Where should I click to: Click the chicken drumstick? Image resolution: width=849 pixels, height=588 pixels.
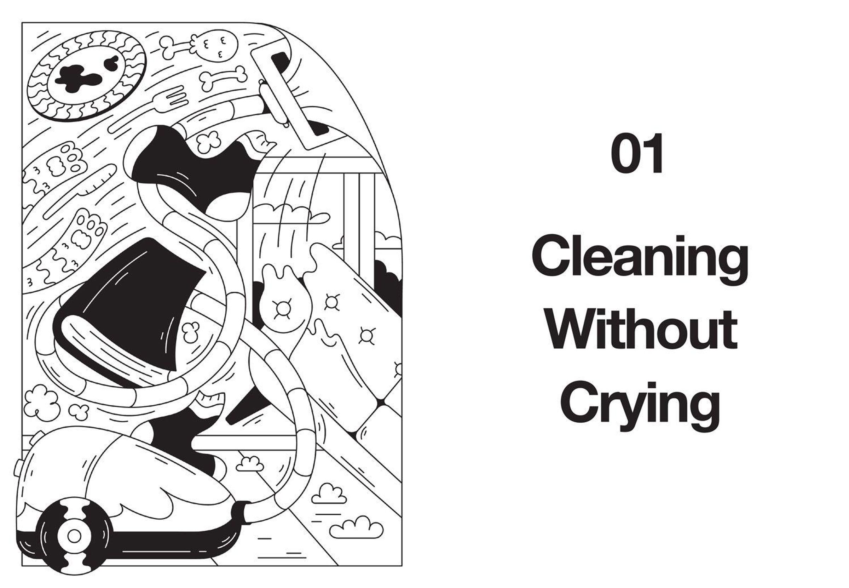(x=199, y=46)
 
